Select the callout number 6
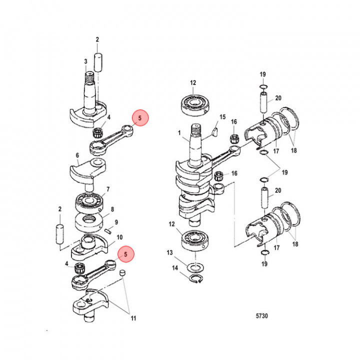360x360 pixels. pyautogui.click(x=77, y=155)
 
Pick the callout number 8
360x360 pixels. pyautogui.click(x=112, y=209)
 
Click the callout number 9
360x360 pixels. pyautogui.click(x=116, y=222)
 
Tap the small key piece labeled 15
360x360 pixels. pyautogui.click(x=213, y=132)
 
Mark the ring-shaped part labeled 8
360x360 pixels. pyautogui.click(x=91, y=219)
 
